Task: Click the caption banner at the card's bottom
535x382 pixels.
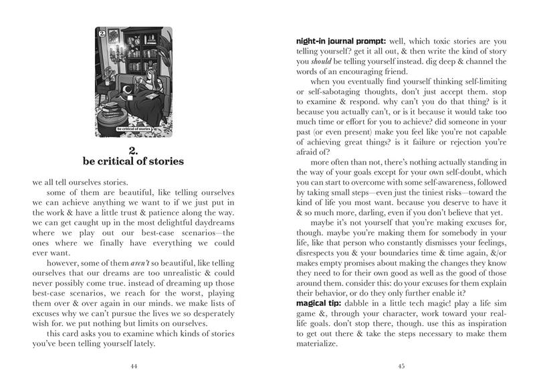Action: pos(133,130)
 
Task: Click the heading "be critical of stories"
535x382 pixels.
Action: pos(133,161)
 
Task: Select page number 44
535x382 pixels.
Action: pos(134,366)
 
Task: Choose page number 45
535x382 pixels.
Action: pos(401,366)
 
